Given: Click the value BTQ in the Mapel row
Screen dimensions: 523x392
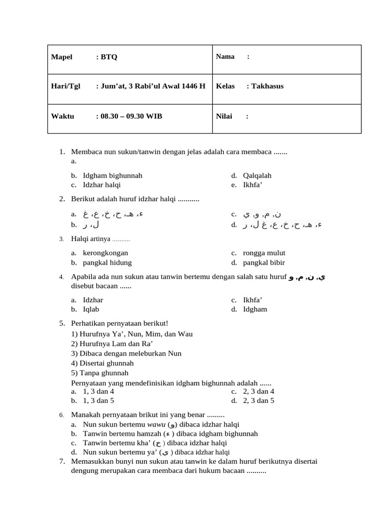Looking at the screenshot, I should (x=109, y=57).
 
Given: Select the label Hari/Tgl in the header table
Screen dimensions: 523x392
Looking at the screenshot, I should (x=66, y=86).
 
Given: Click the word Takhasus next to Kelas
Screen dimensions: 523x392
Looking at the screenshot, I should (x=267, y=86).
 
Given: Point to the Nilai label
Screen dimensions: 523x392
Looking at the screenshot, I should (x=224, y=116).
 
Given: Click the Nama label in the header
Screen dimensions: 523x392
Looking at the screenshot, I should (x=225, y=57).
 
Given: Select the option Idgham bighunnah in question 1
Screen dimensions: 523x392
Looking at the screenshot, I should (x=112, y=175).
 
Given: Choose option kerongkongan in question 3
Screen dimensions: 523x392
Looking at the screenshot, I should (x=105, y=253).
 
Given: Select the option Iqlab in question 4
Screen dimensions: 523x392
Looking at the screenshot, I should (x=91, y=309).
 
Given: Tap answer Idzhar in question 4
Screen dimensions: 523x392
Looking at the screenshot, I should (x=93, y=299).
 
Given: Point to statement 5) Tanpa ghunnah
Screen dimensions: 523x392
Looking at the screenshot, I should (x=100, y=373).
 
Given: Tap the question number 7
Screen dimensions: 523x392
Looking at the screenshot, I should (x=61, y=461).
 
